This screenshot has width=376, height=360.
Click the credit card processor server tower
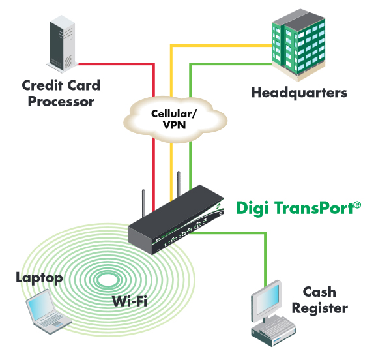tap(62, 44)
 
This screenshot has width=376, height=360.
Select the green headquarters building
tap(299, 45)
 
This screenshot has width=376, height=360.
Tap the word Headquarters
tap(299, 93)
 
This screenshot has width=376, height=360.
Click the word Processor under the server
tap(61, 102)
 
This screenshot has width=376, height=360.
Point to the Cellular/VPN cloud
tap(175, 119)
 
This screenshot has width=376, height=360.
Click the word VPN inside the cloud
tap(175, 125)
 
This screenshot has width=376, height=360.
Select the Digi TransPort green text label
tap(298, 208)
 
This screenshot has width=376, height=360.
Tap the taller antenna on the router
tap(179, 184)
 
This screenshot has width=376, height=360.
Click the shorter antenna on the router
tap(143, 203)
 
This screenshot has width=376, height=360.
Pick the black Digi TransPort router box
tap(176, 219)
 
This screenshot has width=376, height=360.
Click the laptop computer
tap(48, 312)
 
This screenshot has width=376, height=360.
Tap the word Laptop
tap(39, 278)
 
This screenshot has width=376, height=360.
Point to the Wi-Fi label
tap(130, 301)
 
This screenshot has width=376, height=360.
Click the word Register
tap(320, 308)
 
